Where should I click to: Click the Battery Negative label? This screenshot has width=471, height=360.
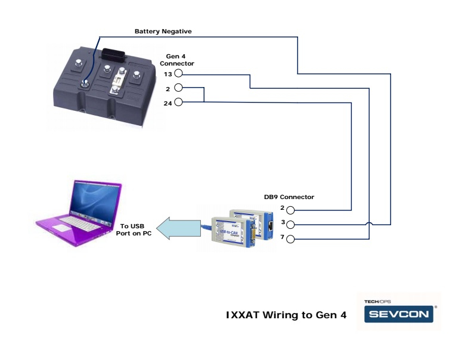(163, 31)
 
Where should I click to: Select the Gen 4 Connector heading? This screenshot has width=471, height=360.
(176, 60)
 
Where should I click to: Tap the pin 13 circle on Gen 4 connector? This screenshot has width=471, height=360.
(178, 74)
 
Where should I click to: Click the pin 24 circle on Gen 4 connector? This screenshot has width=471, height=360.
(178, 103)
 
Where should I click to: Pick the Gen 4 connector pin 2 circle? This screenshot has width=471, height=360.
(178, 88)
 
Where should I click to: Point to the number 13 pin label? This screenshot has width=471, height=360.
(168, 74)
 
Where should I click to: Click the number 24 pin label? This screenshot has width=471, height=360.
(168, 103)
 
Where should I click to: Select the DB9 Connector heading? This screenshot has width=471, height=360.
(289, 197)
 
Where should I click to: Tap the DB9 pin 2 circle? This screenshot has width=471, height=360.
(291, 210)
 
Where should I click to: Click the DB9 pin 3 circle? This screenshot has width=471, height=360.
(291, 225)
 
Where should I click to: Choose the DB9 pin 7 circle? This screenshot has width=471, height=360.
(291, 240)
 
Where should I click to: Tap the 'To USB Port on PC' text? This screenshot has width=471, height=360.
(132, 229)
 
